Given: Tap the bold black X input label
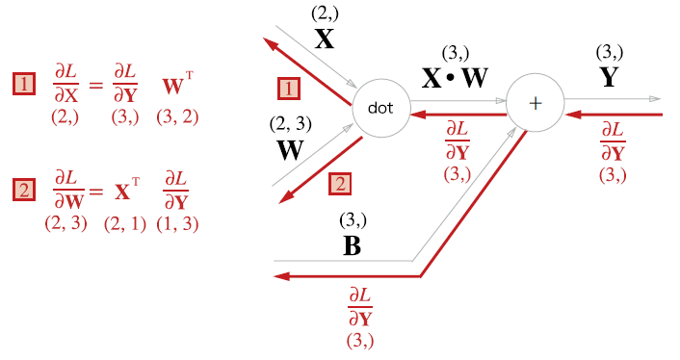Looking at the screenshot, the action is click(325, 39).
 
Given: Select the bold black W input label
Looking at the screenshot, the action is click(290, 150).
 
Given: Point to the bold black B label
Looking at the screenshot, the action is click(353, 245).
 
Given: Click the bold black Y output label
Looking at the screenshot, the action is click(610, 78).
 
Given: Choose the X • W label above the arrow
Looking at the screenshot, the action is click(455, 78).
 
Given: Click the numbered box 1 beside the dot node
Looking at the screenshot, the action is click(289, 89).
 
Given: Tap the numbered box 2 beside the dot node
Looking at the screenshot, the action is click(340, 184).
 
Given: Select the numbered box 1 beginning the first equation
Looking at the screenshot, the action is click(24, 84).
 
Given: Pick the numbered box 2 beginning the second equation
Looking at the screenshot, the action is click(24, 190).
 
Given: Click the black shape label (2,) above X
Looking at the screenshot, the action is click(325, 13).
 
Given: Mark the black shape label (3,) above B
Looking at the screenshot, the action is click(353, 220).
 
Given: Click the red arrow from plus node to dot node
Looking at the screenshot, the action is click(458, 115).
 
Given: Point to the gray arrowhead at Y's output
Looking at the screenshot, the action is click(655, 99).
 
